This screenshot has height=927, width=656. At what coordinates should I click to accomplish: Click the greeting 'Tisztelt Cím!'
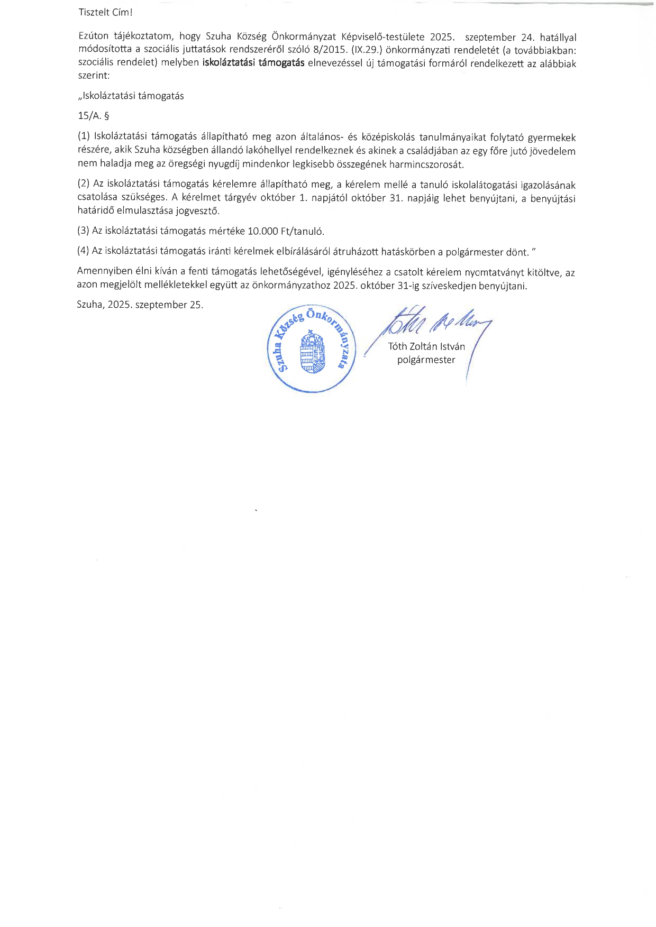pos(105,12)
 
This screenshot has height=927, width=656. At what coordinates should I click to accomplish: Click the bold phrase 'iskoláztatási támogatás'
pos(253,63)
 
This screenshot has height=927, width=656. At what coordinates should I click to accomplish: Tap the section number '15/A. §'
pos(93,116)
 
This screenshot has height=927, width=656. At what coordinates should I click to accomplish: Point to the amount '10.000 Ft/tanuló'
pos(286,231)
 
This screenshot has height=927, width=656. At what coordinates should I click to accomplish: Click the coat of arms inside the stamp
pos(312,352)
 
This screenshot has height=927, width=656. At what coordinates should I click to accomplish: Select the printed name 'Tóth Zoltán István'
pos(426,347)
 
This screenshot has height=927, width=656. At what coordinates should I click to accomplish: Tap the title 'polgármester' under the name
pos(426,360)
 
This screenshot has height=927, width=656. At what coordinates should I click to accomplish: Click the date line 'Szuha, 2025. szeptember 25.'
pos(140,305)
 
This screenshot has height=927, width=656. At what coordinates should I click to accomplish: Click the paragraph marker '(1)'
pos(84,137)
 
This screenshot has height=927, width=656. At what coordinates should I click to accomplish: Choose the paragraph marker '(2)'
pos(84,184)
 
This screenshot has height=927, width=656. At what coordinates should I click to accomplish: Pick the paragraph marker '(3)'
pos(84,231)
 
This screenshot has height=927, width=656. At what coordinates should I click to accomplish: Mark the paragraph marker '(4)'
pos(84,251)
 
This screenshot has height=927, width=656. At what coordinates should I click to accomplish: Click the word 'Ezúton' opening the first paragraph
pos(93,36)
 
